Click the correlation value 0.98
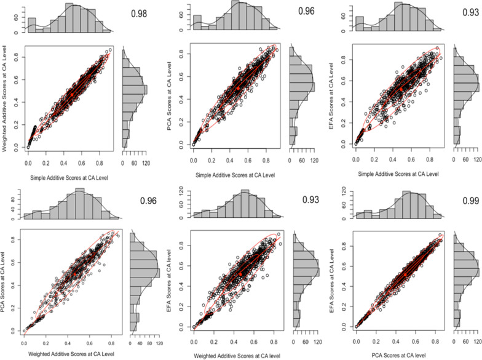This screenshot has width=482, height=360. click(x=143, y=14)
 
